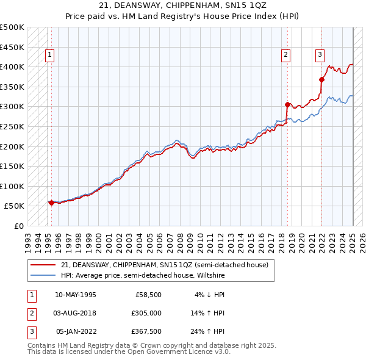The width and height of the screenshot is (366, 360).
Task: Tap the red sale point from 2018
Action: (287, 104)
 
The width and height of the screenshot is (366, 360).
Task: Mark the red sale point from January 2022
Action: (322, 79)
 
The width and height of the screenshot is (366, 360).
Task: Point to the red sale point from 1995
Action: (51, 203)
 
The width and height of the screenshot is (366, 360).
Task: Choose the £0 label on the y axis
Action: (20, 226)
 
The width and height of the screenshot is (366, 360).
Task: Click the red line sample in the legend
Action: (43, 265)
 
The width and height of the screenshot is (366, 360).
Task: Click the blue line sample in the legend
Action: (43, 275)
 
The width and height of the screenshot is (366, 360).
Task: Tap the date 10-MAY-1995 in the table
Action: (76, 295)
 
